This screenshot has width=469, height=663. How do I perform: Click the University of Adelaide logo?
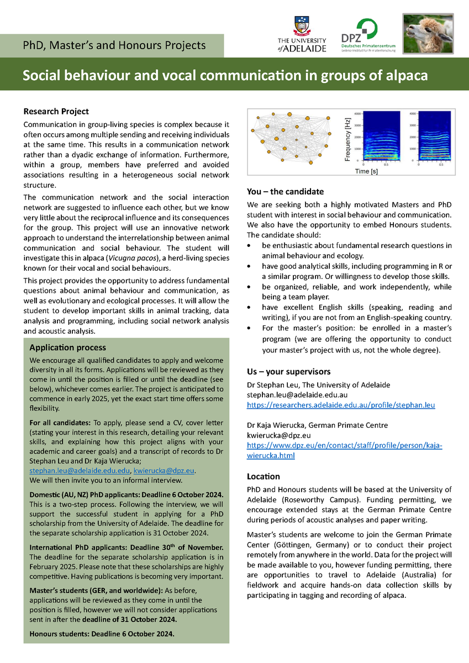coord(301,34)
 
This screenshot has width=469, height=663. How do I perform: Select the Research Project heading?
coord(56,112)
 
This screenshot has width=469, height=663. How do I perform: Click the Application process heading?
coord(67,348)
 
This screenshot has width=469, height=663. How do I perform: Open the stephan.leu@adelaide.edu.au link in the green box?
coord(79,470)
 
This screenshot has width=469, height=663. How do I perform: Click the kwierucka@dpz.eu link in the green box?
coord(164,470)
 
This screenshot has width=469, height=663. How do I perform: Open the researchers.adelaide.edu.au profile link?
coord(341,405)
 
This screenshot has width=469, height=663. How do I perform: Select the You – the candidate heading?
coord(285,192)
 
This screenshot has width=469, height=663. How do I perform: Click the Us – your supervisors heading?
coord(288,372)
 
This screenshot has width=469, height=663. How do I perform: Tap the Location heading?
coord(264,476)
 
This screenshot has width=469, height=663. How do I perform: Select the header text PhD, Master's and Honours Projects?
coord(114,45)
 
